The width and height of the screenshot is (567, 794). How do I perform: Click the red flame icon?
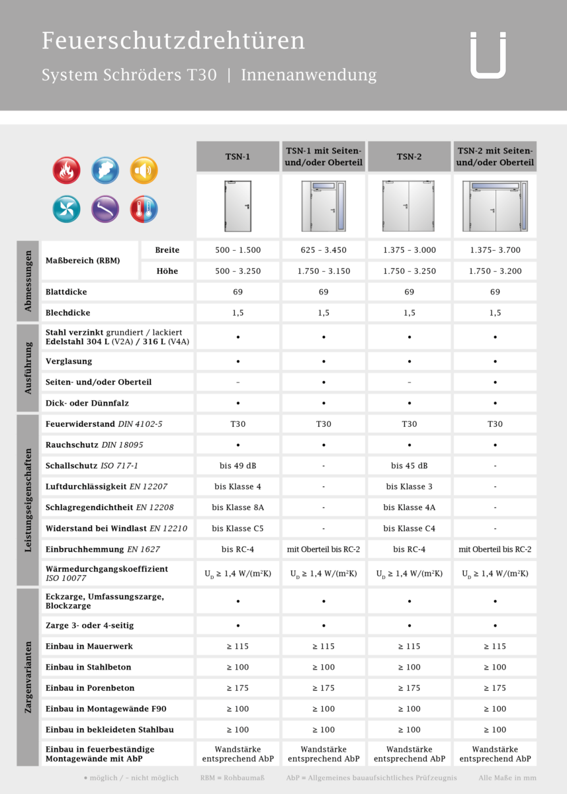(x=66, y=170)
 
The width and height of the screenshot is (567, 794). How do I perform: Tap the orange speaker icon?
(x=144, y=170)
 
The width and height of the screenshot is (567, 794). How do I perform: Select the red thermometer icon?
(x=144, y=209)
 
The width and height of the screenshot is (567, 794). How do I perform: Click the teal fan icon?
(x=66, y=209)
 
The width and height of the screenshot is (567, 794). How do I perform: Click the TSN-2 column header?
(x=410, y=157)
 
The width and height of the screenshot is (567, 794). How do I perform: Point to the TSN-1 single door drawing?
(x=238, y=205)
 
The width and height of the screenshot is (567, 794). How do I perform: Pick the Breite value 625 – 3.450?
(x=324, y=250)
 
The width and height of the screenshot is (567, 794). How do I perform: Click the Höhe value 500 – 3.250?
(x=238, y=271)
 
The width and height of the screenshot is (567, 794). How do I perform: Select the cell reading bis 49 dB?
(x=238, y=466)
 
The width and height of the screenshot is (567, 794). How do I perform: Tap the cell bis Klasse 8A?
(x=238, y=507)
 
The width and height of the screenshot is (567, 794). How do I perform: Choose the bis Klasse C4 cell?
(x=410, y=529)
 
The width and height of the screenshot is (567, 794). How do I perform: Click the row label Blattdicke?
(x=66, y=292)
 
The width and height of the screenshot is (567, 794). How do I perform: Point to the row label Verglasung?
(x=69, y=361)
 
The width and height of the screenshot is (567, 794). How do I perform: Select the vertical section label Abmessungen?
(x=28, y=281)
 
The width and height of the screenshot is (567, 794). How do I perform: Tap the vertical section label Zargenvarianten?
(x=28, y=677)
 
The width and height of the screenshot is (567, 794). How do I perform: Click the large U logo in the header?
(x=488, y=55)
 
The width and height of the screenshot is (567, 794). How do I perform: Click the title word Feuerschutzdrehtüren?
(x=173, y=41)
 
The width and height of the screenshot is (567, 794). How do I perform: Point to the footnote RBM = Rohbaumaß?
(x=232, y=778)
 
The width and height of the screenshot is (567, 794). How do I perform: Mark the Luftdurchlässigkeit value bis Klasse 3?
(x=410, y=487)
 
